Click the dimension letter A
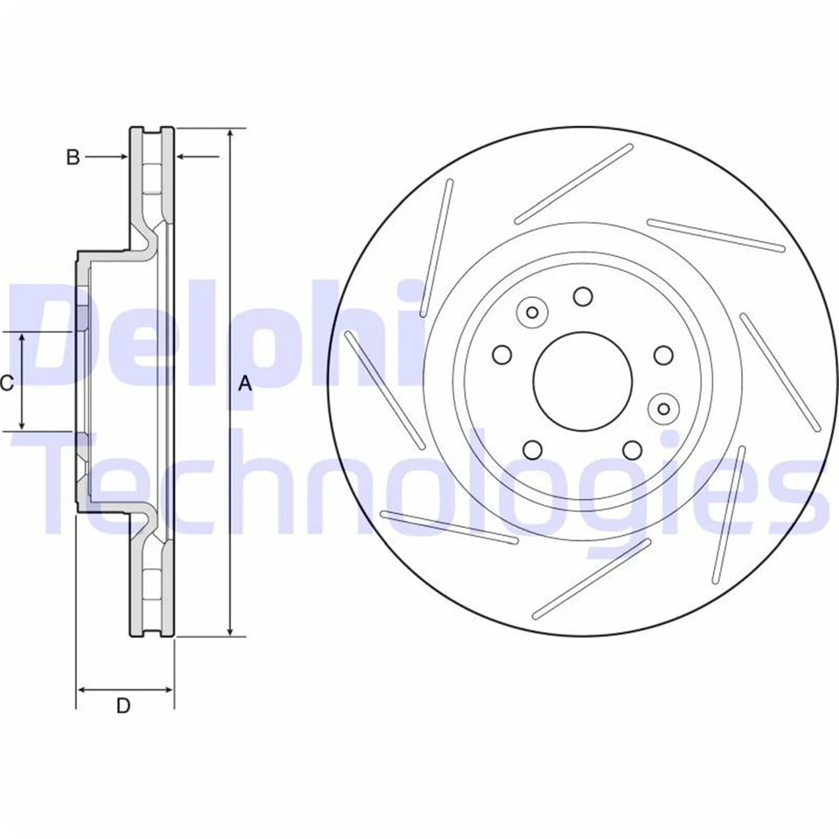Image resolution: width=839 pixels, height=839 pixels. (246, 383)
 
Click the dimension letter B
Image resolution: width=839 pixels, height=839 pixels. (73, 157)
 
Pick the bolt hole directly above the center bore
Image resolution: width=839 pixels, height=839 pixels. (583, 297)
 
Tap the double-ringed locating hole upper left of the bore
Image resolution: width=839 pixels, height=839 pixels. (530, 312)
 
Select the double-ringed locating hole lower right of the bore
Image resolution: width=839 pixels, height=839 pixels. (664, 407)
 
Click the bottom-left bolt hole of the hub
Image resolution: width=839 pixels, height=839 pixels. (531, 449)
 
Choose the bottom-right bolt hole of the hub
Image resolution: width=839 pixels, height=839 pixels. (632, 449)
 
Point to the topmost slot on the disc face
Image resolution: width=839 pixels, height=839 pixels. (573, 184)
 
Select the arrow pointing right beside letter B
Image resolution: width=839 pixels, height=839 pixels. (121, 157)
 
